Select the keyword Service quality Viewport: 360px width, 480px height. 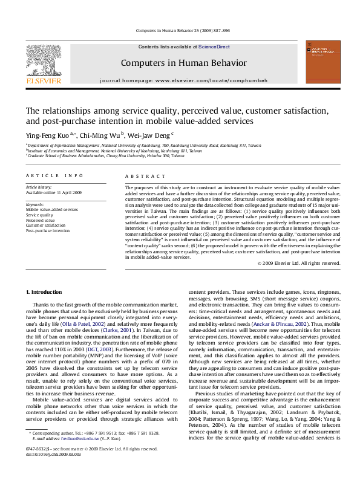(38, 215)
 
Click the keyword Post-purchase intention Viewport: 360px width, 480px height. (47, 230)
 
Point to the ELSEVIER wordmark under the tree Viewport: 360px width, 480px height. (42, 80)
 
